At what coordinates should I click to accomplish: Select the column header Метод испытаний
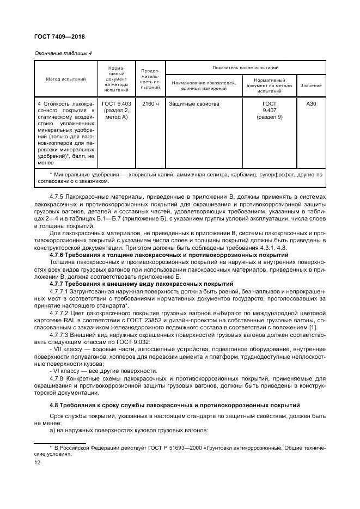point(65,79)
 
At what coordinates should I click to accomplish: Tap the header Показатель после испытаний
point(246,68)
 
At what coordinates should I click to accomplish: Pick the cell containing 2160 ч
point(150,103)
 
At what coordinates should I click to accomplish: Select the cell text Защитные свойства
point(194,103)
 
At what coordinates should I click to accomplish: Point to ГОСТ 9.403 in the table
point(116,103)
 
